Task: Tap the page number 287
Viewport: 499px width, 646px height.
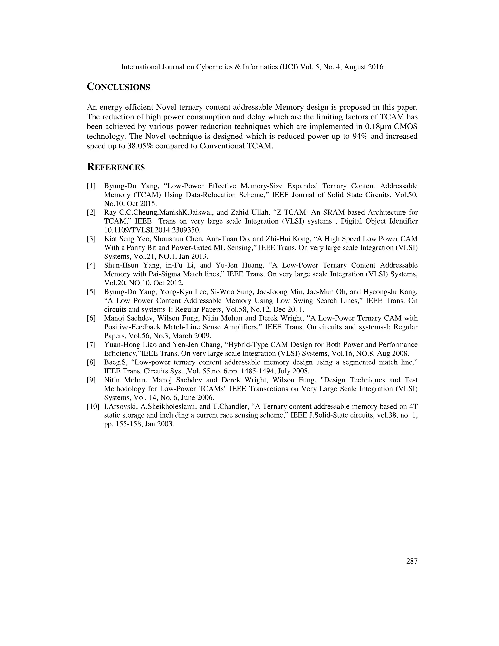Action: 412,561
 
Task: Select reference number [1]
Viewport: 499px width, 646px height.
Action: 91,186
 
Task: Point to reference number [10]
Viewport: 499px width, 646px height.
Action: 93,406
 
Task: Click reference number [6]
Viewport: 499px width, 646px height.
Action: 91,318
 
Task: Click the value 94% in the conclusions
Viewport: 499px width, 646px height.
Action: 360,136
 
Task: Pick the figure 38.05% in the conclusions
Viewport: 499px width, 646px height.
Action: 140,146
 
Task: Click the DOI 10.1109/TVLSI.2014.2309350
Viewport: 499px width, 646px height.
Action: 152,230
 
